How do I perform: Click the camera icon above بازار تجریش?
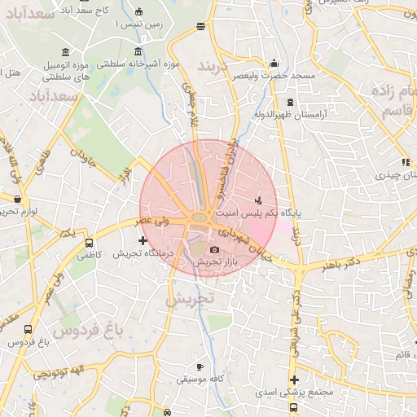(x=214, y=249)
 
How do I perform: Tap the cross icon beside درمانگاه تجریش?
(x=143, y=240)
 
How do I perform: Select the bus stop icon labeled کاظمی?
(x=88, y=242)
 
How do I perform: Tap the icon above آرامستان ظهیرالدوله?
(x=292, y=102)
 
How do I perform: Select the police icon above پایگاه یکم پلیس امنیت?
(x=259, y=200)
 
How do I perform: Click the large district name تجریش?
(x=188, y=299)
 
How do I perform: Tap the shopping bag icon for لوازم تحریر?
(x=16, y=198)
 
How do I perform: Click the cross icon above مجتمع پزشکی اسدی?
(x=294, y=380)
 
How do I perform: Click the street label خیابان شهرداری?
(x=248, y=244)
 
